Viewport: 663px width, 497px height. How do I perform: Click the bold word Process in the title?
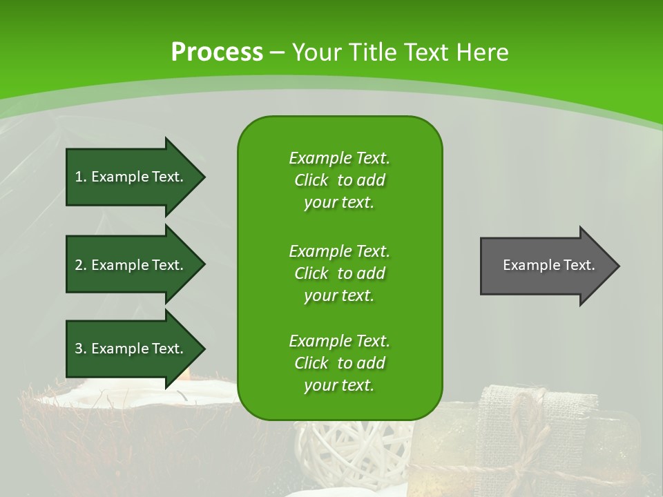(217, 52)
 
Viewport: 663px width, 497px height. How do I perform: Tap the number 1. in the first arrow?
(81, 177)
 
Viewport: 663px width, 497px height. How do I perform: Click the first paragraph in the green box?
(339, 180)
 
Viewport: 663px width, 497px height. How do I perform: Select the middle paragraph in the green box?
(339, 273)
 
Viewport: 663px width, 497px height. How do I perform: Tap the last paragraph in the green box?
(339, 363)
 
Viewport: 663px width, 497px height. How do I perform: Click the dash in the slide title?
(277, 52)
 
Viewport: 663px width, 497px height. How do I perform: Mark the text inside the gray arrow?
(549, 266)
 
